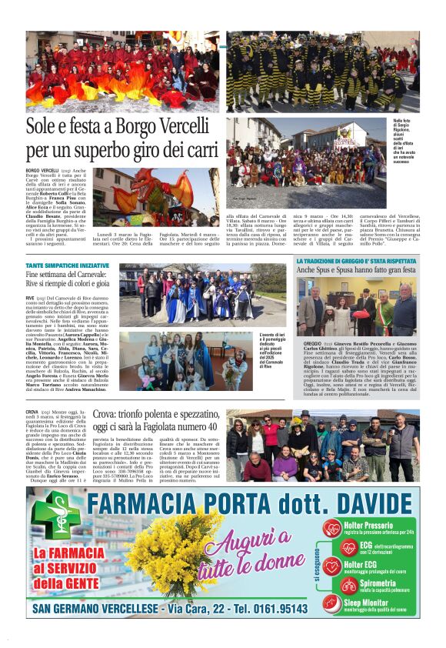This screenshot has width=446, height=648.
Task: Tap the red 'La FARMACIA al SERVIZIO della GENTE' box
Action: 69,570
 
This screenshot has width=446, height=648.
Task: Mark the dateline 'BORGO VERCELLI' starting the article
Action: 42,169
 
